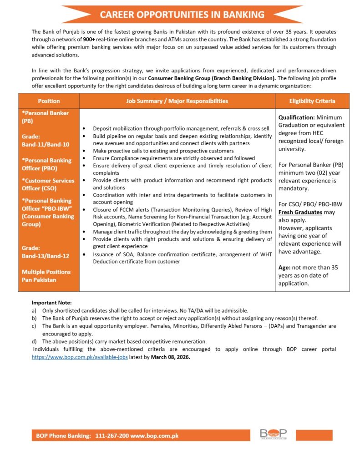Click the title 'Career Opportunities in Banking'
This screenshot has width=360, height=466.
click(x=182, y=14)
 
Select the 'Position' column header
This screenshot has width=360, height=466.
click(x=49, y=101)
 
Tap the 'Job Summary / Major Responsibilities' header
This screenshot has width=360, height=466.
click(x=177, y=101)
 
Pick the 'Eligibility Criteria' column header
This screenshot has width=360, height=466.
click(x=312, y=101)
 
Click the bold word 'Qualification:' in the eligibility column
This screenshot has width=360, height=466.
click(x=296, y=117)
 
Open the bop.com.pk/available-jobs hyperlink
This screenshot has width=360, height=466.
click(x=78, y=357)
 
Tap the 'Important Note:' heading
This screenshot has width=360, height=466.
click(x=51, y=303)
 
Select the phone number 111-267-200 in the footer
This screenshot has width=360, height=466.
click(x=112, y=436)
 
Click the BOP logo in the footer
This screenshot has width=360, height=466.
click(x=273, y=434)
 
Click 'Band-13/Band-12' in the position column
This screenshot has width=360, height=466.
click(x=46, y=256)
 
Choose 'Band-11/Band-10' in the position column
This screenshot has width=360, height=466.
click(x=46, y=144)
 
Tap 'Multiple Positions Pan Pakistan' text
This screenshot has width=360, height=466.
click(x=46, y=276)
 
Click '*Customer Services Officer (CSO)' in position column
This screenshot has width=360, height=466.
click(x=48, y=184)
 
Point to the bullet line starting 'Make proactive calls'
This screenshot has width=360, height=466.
click(x=163, y=151)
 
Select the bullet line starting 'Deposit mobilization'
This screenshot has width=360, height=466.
click(x=182, y=129)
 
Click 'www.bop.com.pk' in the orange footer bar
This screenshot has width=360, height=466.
click(x=154, y=436)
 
